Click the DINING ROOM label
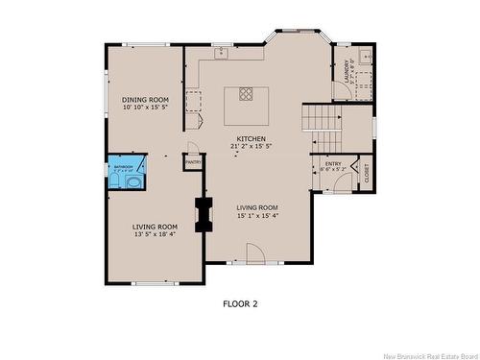145,99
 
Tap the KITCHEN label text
252,138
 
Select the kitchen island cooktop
246,94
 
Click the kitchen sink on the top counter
221,53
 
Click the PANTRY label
193,163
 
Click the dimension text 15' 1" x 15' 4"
257,216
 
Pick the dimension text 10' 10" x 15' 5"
145,108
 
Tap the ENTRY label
333,163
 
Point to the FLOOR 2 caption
240,303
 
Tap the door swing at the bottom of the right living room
256,253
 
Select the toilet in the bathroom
134,180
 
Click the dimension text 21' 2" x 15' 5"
252,147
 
